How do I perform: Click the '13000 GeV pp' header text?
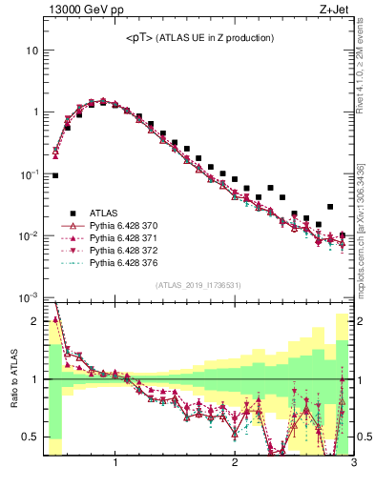pyautogui.click(x=85, y=10)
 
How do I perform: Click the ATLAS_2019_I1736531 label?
pyautogui.click(x=198, y=285)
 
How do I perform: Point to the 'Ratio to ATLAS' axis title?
pyautogui.click(x=12, y=379)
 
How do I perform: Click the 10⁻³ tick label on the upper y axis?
pyautogui.click(x=29, y=298)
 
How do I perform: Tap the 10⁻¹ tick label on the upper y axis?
pyautogui.click(x=29, y=174)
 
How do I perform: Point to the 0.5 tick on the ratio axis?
pyautogui.click(x=31, y=437)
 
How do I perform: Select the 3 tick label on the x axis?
pyautogui.click(x=353, y=464)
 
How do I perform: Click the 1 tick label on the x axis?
pyautogui.click(x=115, y=464)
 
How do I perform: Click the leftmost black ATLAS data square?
pyautogui.click(x=55, y=175)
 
